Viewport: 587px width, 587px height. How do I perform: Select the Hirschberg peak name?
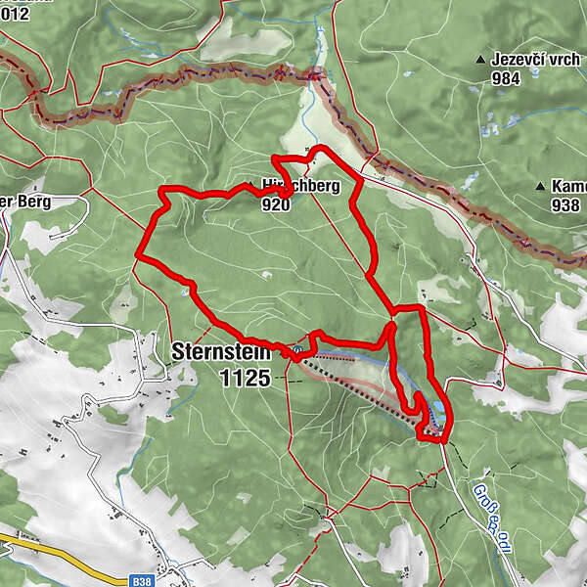[x=303, y=185]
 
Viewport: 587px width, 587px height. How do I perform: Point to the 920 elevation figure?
[x=276, y=205]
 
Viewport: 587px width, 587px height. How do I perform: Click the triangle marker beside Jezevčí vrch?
[x=480, y=61]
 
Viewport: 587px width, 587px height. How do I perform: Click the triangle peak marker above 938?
[x=540, y=186]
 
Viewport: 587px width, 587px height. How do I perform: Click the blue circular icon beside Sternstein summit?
[x=297, y=347]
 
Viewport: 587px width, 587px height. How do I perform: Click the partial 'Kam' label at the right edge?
[x=569, y=186]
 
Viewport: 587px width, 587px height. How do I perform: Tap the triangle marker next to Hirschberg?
[x=251, y=182]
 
